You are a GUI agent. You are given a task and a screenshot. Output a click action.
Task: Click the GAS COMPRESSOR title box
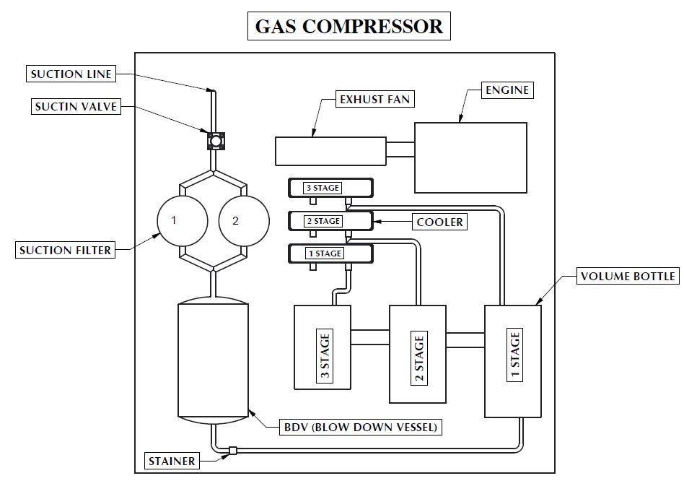[x=348, y=27]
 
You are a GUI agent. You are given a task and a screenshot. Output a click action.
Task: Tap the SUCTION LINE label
[x=70, y=74]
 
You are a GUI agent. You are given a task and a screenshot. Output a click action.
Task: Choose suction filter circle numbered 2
[x=235, y=220]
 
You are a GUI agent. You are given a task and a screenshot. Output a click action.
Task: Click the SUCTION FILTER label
[x=66, y=251]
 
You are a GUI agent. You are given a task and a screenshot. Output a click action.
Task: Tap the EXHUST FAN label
[x=376, y=99]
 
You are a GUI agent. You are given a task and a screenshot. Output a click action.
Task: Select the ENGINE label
[x=507, y=90]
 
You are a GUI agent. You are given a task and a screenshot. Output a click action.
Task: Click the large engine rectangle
[x=470, y=157]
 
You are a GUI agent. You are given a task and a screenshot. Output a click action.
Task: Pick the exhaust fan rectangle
[x=331, y=150]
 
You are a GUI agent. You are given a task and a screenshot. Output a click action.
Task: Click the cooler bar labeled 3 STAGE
[x=330, y=188]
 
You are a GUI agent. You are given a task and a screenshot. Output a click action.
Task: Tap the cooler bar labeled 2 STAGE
[x=330, y=221]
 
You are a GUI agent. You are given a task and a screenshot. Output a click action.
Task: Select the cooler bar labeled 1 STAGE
[x=330, y=253]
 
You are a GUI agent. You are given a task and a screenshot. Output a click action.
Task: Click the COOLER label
[x=439, y=222]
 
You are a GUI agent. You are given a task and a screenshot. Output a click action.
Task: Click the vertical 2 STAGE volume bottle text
[x=418, y=354]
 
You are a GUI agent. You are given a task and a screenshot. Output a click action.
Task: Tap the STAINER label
[x=172, y=460]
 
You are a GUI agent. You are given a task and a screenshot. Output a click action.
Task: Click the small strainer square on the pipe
[x=232, y=452]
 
